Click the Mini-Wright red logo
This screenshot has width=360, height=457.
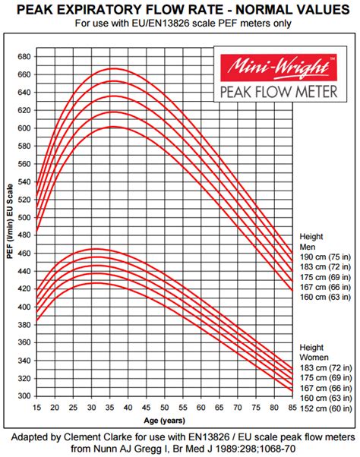pyautogui.click(x=274, y=67)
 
